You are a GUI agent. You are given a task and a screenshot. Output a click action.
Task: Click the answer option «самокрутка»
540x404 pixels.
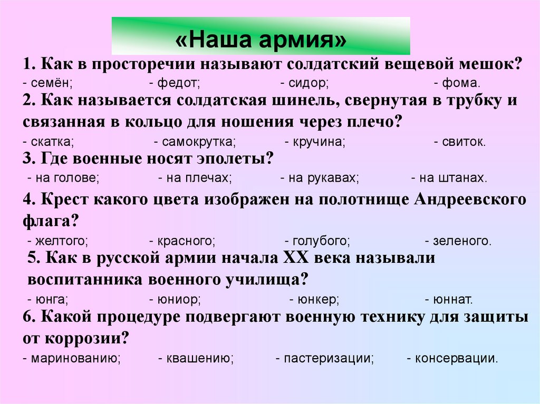click(198, 142)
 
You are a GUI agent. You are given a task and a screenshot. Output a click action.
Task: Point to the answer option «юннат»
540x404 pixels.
click(451, 300)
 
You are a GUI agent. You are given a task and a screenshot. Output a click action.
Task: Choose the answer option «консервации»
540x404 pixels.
click(455, 359)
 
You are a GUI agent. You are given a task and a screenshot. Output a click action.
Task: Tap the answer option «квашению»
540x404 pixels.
click(199, 359)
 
